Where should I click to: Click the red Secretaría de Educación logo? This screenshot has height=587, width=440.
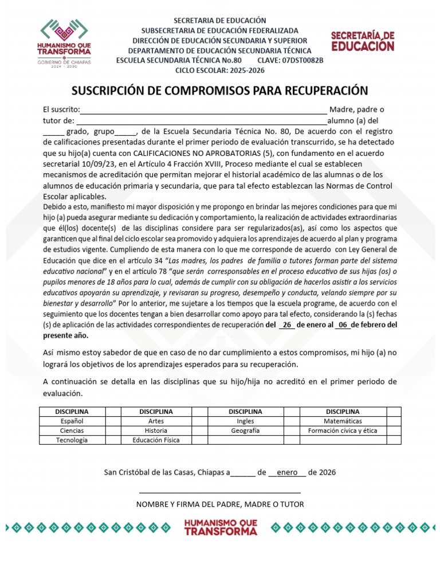(363, 42)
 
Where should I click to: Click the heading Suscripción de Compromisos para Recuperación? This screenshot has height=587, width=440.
(219, 91)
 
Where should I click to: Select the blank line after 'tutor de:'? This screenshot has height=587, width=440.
(202, 122)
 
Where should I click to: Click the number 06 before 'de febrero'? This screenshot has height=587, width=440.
(343, 324)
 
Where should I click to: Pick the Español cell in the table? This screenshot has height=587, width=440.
(72, 421)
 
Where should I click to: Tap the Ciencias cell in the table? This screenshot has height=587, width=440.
(72, 431)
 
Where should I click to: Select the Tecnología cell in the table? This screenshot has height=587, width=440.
(72, 440)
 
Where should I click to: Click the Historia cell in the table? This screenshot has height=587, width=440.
(156, 431)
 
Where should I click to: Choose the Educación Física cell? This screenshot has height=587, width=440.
(156, 440)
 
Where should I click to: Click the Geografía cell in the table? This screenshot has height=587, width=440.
(245, 431)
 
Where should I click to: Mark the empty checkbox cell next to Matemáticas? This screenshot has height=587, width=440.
(394, 421)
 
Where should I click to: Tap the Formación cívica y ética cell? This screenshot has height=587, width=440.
(343, 431)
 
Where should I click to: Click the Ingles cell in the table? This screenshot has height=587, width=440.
(245, 421)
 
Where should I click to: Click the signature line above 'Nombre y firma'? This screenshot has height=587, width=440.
(220, 492)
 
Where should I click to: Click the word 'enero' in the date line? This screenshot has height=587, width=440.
(287, 472)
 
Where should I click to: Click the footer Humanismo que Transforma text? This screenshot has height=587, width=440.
(221, 527)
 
